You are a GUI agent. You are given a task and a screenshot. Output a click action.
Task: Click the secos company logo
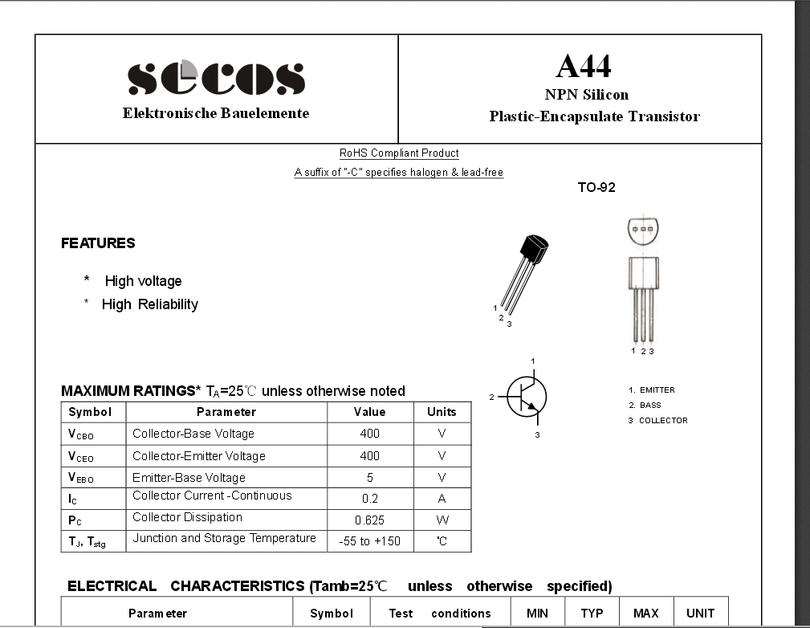(216, 78)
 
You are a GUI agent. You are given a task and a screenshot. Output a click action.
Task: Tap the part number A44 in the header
(583, 66)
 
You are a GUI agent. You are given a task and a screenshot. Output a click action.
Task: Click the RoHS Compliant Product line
(399, 153)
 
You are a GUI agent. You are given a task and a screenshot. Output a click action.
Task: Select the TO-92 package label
(596, 188)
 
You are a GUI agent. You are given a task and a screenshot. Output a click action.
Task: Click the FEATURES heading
(98, 243)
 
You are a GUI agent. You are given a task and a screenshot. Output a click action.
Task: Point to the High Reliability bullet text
(150, 304)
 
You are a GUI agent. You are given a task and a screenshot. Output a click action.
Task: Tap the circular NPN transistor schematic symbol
(527, 396)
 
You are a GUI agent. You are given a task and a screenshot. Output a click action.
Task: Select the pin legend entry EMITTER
(657, 390)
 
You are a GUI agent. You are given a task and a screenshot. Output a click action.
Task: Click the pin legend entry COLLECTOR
(663, 421)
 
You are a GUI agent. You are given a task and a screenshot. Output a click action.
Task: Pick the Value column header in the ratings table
(369, 412)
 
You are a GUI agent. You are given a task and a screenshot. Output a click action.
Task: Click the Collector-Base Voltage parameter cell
(193, 434)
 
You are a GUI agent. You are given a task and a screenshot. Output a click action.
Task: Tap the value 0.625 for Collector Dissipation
(369, 520)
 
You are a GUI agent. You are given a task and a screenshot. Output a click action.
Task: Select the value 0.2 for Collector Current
(369, 498)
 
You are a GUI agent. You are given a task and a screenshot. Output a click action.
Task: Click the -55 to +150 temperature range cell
(369, 541)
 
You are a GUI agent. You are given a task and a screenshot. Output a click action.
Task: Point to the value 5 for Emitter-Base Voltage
(369, 477)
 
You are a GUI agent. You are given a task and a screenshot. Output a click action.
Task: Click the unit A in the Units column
(442, 498)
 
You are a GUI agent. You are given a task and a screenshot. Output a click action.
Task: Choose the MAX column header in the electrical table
(645, 614)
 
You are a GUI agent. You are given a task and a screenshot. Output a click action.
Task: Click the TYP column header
(592, 614)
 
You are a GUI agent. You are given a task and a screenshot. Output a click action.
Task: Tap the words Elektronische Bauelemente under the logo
(216, 113)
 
